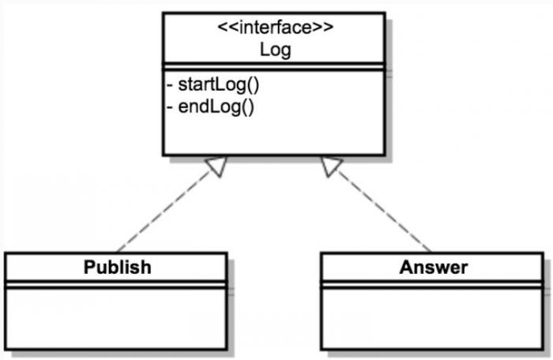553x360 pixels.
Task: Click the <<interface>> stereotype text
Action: [275, 28]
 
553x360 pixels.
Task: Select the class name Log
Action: [275, 50]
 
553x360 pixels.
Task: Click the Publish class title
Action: [117, 267]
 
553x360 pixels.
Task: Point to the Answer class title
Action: [433, 267]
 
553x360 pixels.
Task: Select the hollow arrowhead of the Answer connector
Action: [332, 165]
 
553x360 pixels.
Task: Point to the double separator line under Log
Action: [275, 68]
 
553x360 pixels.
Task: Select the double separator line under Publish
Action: [117, 284]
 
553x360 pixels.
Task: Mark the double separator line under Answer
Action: [433, 284]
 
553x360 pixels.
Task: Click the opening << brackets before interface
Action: [225, 28]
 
